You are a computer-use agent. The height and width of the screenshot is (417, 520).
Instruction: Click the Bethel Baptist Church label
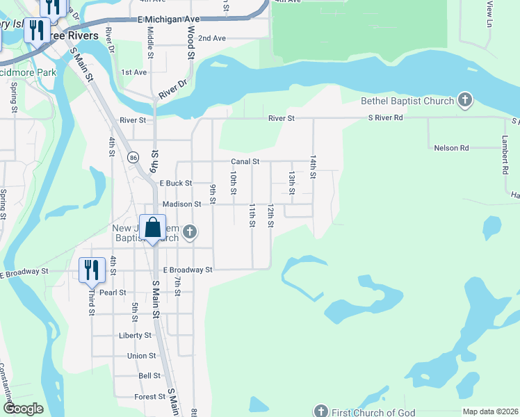[407, 101]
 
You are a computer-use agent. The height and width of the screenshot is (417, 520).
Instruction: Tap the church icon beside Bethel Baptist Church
[465, 101]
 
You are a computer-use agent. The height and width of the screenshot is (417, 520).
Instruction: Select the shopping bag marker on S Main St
[153, 228]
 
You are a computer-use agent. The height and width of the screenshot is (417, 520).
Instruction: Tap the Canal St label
[245, 162]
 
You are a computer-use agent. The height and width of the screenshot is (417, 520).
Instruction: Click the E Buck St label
[175, 183]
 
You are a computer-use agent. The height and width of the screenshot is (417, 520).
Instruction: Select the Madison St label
[181, 204]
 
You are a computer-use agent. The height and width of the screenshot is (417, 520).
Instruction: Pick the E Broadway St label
[188, 270]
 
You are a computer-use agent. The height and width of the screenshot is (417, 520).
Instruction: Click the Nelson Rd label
[451, 148]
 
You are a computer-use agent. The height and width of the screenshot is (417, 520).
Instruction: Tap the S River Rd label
[385, 118]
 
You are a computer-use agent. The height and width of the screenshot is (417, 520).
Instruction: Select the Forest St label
[149, 397]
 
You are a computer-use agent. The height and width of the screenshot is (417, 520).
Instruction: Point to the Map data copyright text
[490, 411]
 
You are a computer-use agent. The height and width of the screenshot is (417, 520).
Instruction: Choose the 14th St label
[314, 167]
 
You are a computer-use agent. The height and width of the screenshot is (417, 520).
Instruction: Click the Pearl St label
[113, 293]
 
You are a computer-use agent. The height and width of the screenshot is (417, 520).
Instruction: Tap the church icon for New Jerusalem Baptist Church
[188, 232]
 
